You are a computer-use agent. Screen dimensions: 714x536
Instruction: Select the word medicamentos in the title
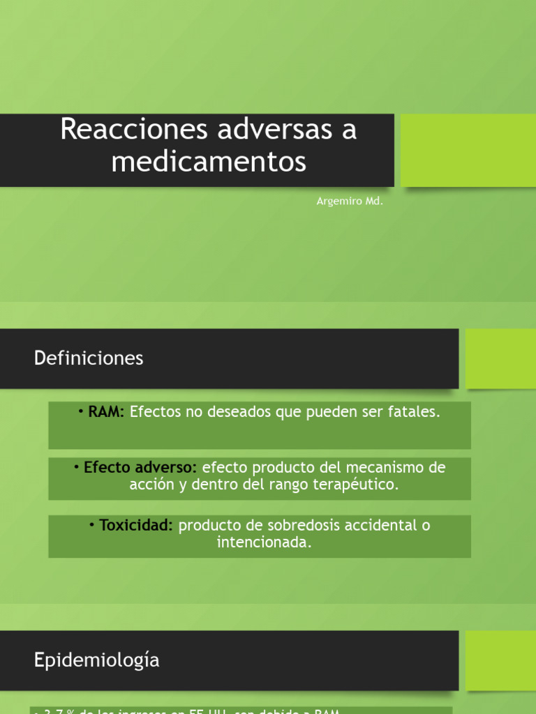[208, 162]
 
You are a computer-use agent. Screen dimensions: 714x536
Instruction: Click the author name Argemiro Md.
[350, 202]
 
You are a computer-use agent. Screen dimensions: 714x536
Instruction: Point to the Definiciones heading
[89, 358]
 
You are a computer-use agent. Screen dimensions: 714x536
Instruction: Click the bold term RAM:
[105, 412]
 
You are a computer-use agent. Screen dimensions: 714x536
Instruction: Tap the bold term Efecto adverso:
[140, 468]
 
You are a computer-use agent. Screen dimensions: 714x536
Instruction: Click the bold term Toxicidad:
[135, 525]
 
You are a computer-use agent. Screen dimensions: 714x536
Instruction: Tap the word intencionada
[263, 542]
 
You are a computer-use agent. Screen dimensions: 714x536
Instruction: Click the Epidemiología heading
[96, 660]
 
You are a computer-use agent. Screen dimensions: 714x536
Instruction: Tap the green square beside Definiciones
[500, 358]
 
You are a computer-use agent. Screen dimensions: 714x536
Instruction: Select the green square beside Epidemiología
[500, 660]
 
